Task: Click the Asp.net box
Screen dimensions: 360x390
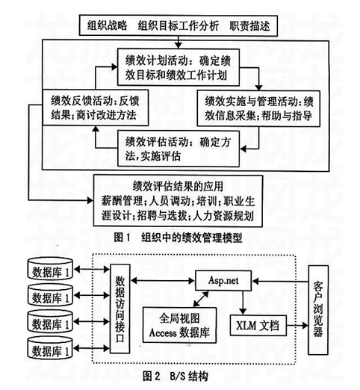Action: click(x=223, y=281)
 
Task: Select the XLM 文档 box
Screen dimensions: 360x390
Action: click(x=258, y=325)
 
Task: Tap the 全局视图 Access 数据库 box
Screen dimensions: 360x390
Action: click(x=179, y=325)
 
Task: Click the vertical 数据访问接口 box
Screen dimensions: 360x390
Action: click(x=120, y=309)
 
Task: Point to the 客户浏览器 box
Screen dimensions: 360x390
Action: click(x=318, y=310)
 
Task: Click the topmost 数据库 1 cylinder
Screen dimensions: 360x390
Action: click(x=50, y=269)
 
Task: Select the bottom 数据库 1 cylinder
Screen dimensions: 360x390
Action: click(x=50, y=348)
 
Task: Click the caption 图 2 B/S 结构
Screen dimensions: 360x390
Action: click(x=176, y=376)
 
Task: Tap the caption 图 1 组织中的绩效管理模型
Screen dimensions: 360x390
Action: click(x=178, y=238)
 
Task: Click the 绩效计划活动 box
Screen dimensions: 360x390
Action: click(x=179, y=67)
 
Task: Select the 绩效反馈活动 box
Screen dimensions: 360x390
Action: click(x=96, y=108)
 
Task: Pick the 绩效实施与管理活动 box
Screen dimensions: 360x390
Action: click(x=258, y=108)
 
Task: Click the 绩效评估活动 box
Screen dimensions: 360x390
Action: click(x=179, y=149)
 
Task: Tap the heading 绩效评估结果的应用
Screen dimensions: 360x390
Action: click(x=178, y=186)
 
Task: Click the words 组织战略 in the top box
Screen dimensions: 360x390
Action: click(x=108, y=25)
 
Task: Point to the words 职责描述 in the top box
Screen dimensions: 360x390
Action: click(x=249, y=25)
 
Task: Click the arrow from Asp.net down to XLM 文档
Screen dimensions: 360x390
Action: click(x=243, y=303)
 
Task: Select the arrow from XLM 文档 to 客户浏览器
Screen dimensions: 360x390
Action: click(x=297, y=325)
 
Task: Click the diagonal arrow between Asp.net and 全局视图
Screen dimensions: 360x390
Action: click(x=201, y=299)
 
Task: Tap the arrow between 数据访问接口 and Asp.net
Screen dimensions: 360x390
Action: click(x=163, y=281)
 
